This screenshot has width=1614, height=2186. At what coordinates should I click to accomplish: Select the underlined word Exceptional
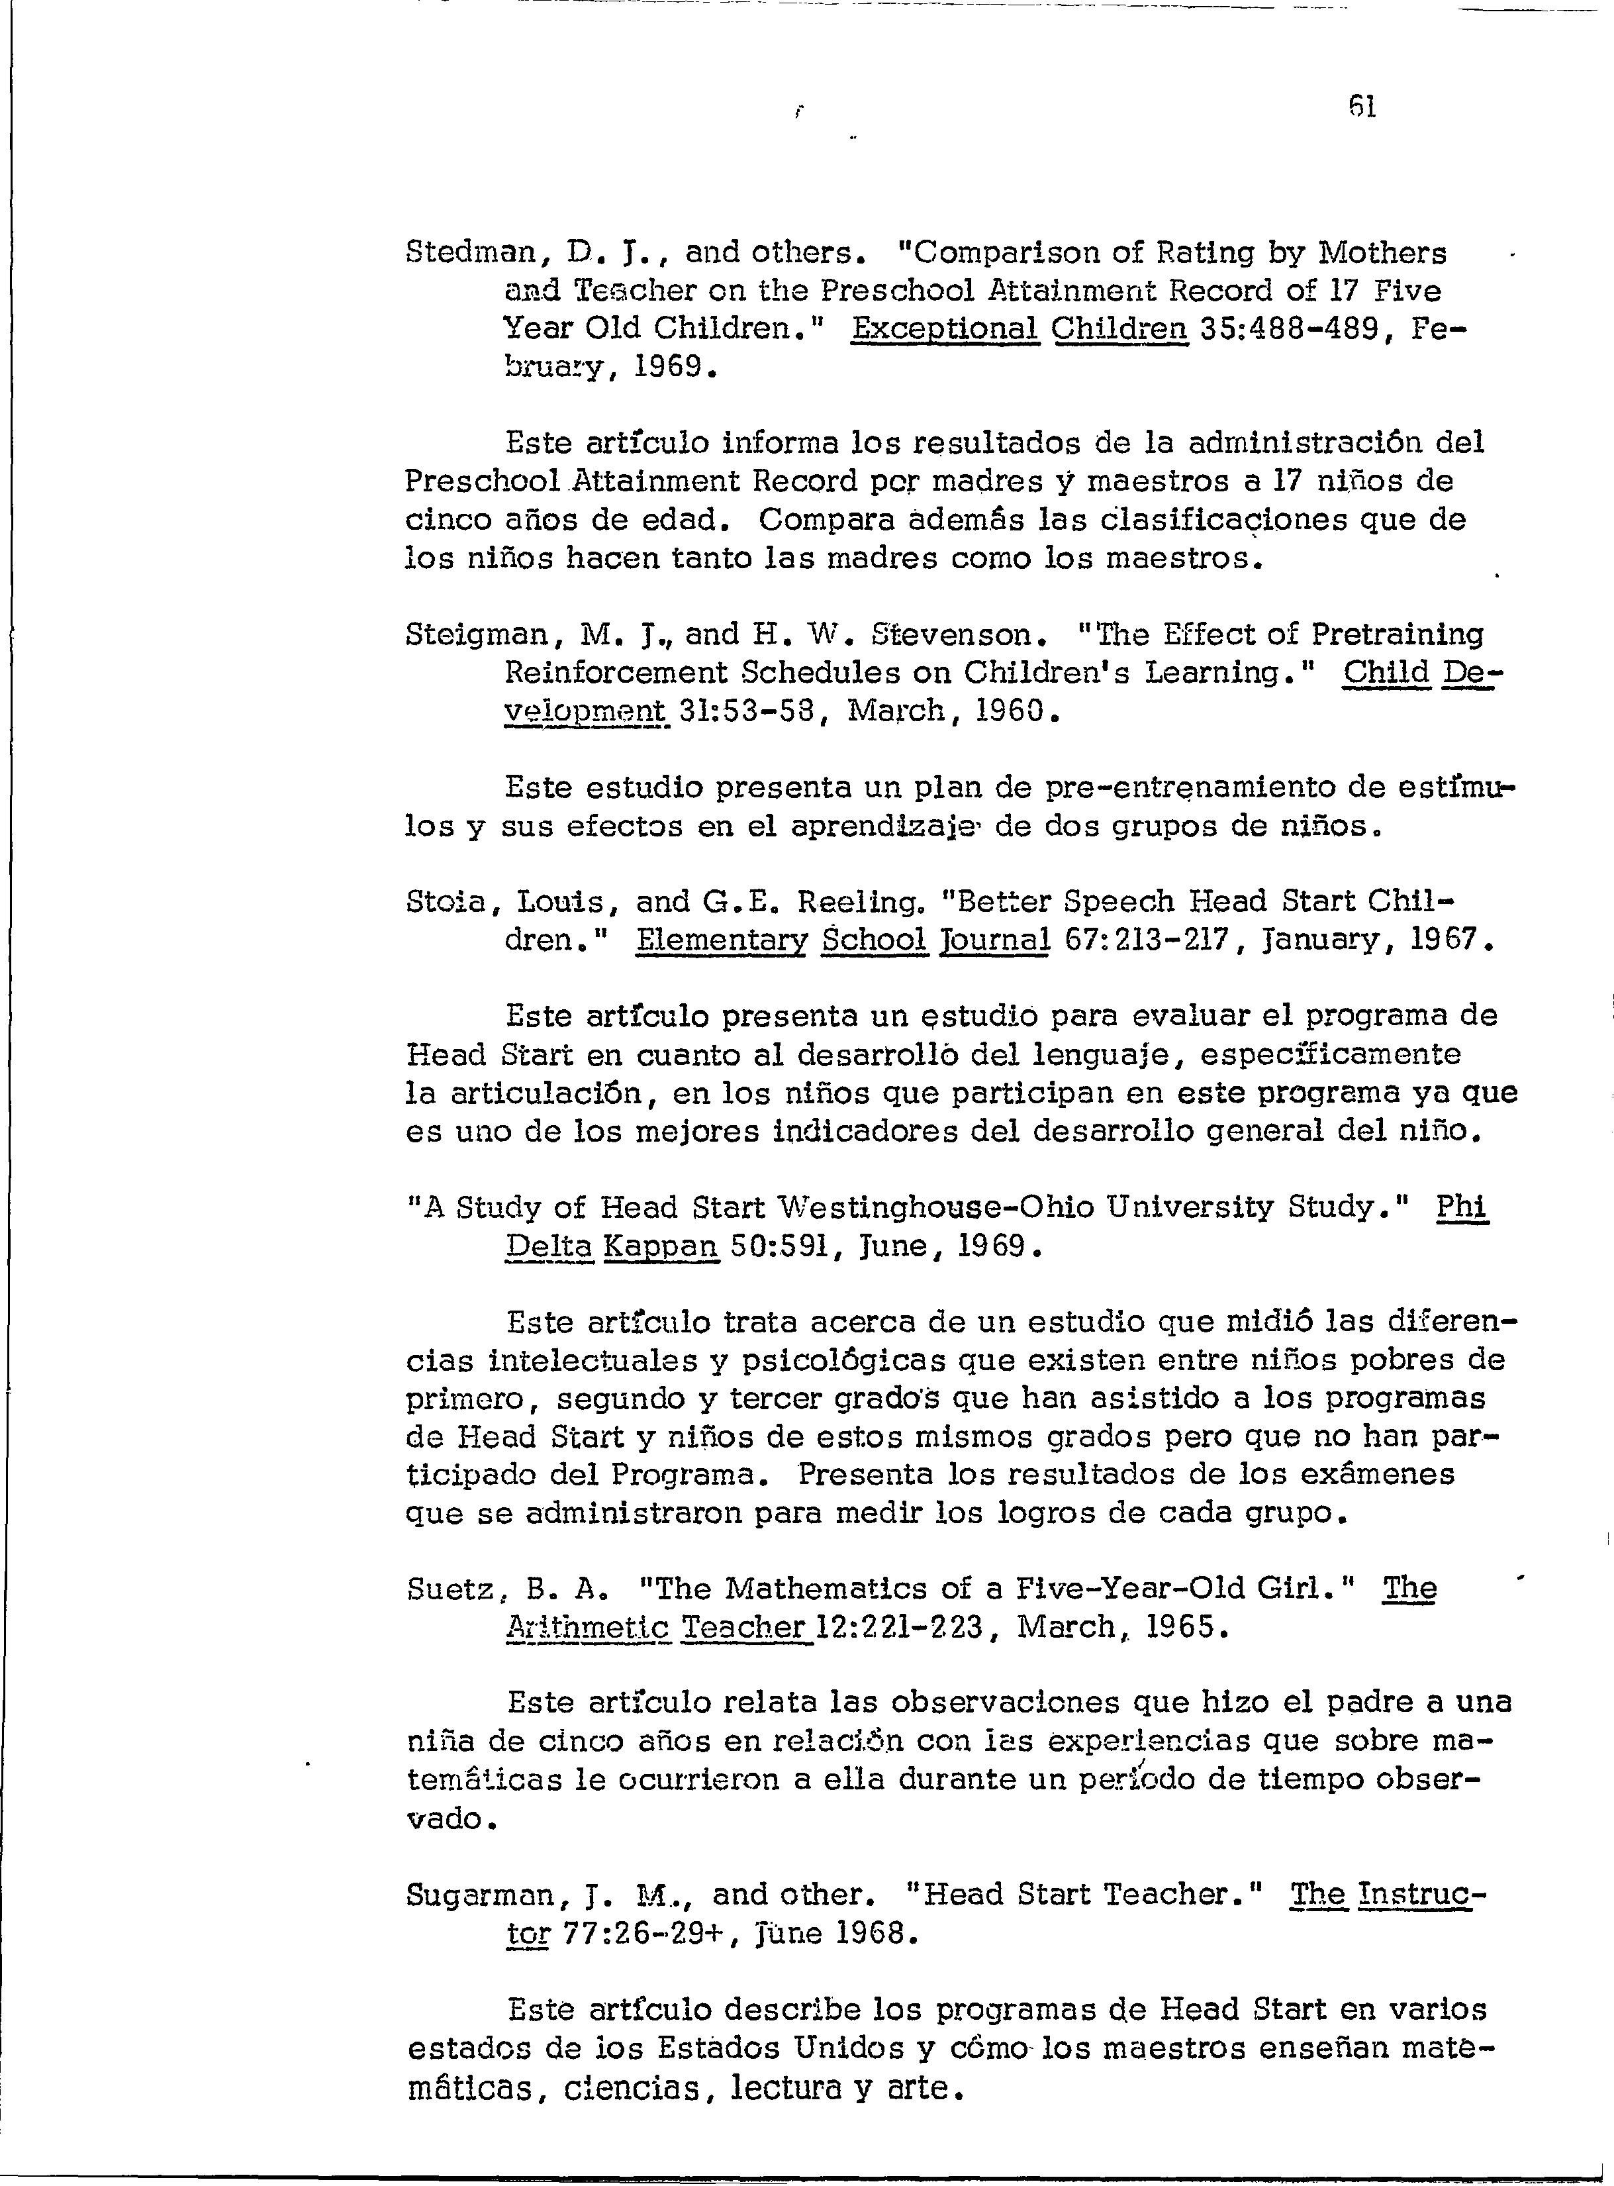pyautogui.click(x=945, y=329)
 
